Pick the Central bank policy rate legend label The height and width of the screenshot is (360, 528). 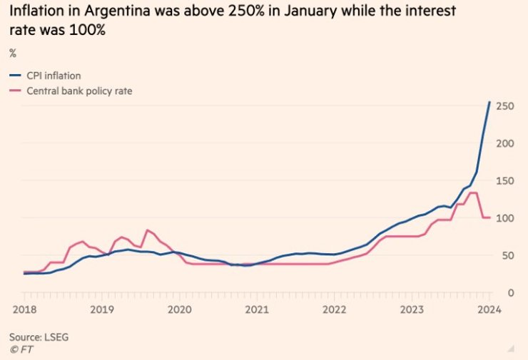[79, 91]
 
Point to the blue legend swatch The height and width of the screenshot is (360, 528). [15, 76]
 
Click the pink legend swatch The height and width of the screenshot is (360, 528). [15, 91]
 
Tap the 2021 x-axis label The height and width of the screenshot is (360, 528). [256, 309]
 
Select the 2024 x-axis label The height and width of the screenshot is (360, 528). [488, 309]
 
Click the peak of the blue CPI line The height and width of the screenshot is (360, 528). [489, 102]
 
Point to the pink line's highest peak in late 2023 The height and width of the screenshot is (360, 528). [473, 192]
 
